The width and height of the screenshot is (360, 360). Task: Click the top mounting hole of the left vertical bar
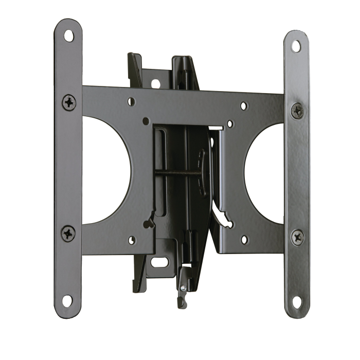click(x=68, y=36)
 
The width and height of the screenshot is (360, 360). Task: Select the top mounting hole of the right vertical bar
click(x=296, y=46)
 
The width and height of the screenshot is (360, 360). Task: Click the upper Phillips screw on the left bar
click(x=68, y=101)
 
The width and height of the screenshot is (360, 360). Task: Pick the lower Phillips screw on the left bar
click(x=68, y=233)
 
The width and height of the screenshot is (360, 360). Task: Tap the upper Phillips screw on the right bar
click(x=297, y=110)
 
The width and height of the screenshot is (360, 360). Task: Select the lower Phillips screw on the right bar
click(x=297, y=237)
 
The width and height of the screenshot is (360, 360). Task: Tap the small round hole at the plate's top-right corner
click(x=244, y=106)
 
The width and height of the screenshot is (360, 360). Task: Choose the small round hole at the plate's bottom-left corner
click(x=132, y=240)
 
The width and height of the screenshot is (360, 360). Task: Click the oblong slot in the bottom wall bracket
click(x=159, y=261)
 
